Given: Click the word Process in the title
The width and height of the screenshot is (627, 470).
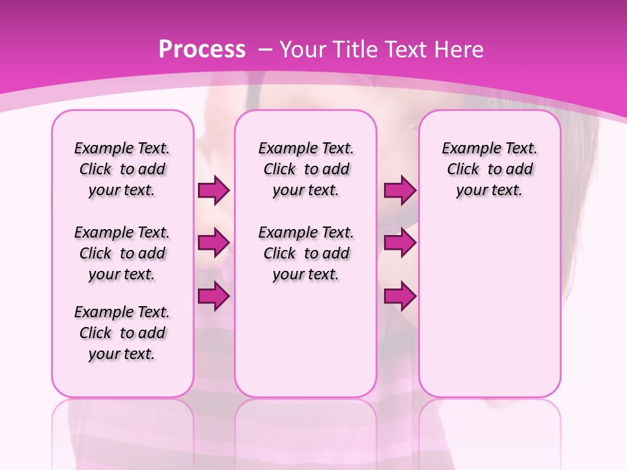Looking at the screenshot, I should (202, 50).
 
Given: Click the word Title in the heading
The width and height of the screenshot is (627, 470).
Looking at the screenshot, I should (351, 50).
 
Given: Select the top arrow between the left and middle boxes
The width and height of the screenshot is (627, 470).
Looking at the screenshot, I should (214, 191).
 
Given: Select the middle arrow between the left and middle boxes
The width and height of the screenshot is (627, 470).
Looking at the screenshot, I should (214, 243).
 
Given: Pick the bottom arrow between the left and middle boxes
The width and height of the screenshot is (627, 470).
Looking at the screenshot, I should (214, 296).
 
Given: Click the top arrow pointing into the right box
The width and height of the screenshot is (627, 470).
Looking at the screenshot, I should (400, 191).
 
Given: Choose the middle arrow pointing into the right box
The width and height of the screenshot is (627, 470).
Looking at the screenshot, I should (400, 243).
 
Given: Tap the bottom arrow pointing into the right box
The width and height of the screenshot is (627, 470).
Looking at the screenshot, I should (400, 296).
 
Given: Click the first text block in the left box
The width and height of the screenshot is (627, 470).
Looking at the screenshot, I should (122, 169).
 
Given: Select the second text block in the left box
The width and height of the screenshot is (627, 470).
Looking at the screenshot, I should (122, 253).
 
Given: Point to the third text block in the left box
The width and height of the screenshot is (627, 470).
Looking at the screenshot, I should (122, 333).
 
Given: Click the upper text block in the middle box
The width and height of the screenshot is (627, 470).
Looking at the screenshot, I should (306, 169).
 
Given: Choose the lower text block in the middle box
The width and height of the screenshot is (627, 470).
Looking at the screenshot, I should (306, 253).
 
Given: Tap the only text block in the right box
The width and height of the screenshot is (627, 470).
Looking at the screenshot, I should (489, 169).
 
